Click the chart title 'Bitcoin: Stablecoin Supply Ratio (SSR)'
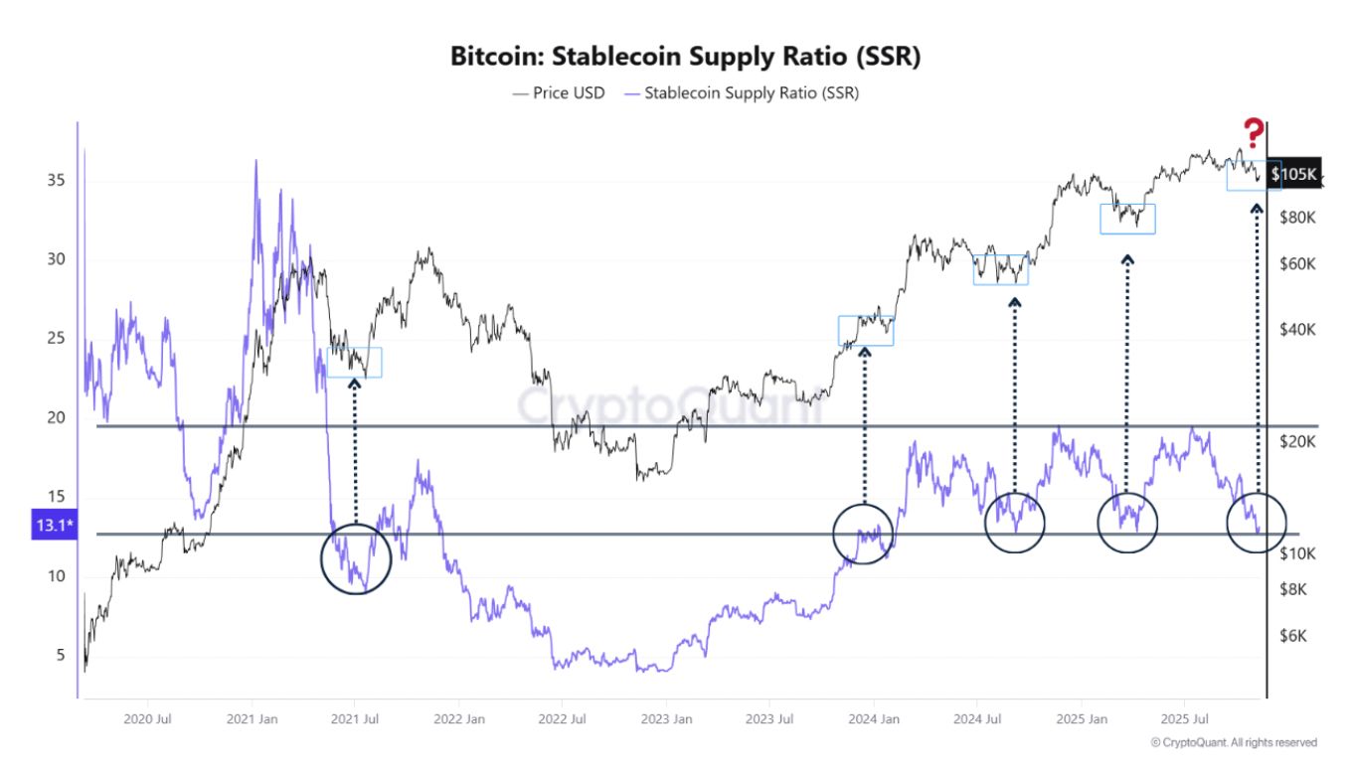point(685,57)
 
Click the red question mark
point(1254,133)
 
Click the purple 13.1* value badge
point(53,527)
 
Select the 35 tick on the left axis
point(55,181)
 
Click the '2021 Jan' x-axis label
point(253,718)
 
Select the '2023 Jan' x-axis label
point(667,718)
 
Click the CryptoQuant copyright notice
point(1233,742)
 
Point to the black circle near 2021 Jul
point(356,559)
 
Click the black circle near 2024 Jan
point(864,534)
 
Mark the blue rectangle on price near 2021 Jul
point(355,363)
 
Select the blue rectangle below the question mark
point(1254,175)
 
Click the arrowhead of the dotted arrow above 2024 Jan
point(865,352)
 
